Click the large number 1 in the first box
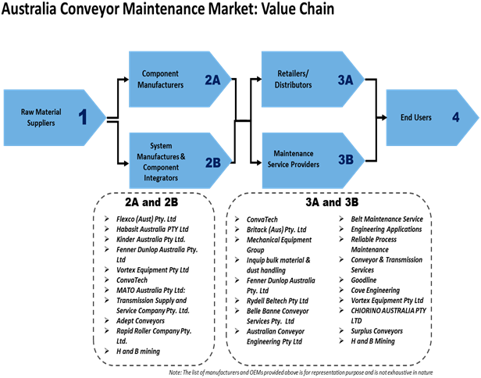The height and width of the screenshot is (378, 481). [x=82, y=118]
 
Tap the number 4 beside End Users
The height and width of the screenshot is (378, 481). [x=454, y=118]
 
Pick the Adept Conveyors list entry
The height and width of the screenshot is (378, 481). [x=141, y=320]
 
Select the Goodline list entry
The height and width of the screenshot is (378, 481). [x=364, y=280]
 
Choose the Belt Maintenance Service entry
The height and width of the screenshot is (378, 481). [x=387, y=219]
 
